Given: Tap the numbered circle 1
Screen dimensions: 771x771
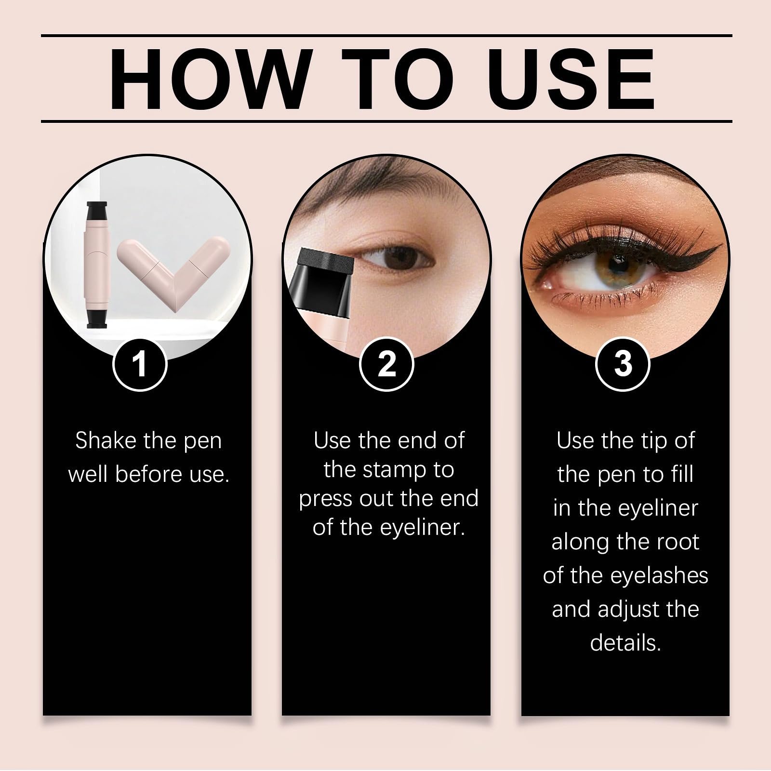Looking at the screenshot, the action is tap(140, 364).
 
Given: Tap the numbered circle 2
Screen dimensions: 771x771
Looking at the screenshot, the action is tap(386, 364).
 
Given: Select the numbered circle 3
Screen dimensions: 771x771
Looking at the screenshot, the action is tap(623, 364).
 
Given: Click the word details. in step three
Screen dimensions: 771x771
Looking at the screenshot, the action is tap(625, 643).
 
